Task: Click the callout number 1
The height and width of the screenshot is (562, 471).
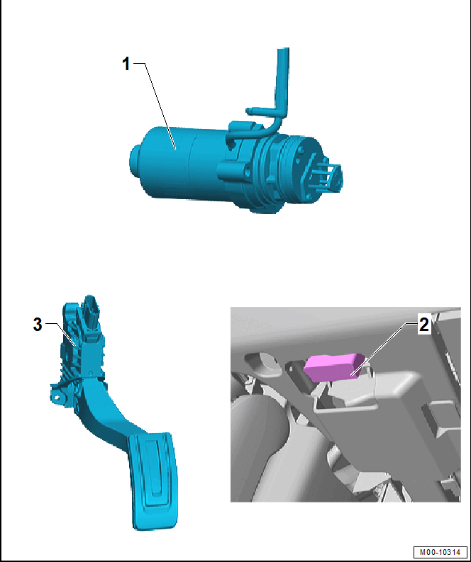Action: pyautogui.click(x=126, y=64)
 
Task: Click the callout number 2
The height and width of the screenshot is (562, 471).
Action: pyautogui.click(x=423, y=325)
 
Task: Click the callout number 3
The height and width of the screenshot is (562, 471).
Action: pyautogui.click(x=38, y=325)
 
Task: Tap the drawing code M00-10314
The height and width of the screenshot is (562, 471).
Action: pyautogui.click(x=440, y=552)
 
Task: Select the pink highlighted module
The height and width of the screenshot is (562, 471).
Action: pyautogui.click(x=333, y=366)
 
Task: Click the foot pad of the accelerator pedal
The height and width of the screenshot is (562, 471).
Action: pyautogui.click(x=153, y=480)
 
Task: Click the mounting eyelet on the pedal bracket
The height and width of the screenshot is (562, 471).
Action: pyautogui.click(x=57, y=397)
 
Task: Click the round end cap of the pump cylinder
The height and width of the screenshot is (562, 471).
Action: pyautogui.click(x=135, y=162)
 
